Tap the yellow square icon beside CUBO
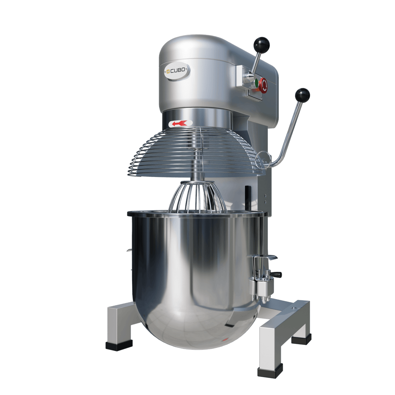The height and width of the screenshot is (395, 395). point(168,71)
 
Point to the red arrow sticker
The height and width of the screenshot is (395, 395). point(180,123)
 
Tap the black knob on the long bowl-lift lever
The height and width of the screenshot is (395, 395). point(302,95)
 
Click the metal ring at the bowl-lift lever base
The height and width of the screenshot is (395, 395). point(264,159)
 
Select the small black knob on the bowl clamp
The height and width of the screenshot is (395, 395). point(278,275)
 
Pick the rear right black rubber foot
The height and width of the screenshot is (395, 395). point(301,339)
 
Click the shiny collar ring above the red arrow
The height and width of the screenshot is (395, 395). point(197,114)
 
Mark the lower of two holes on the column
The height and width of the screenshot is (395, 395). point(265,202)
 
